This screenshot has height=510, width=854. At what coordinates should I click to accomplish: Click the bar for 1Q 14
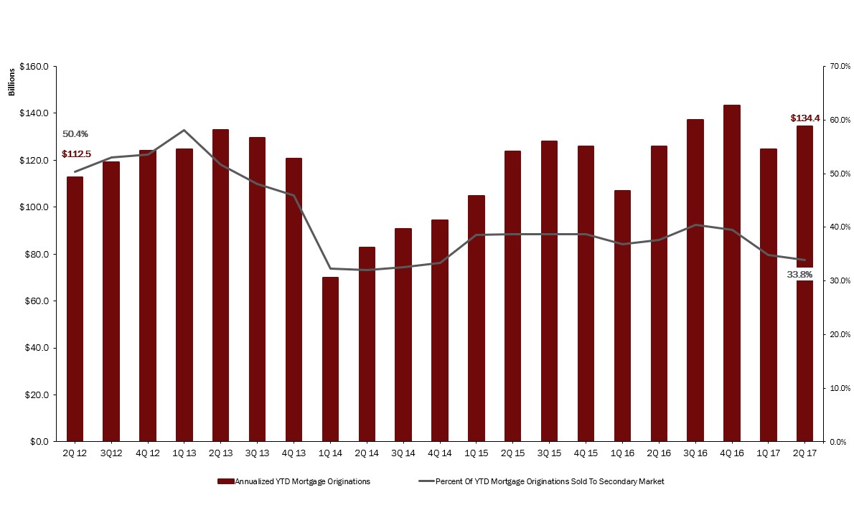click(330, 359)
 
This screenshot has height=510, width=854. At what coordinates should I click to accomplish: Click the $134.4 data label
click(805, 118)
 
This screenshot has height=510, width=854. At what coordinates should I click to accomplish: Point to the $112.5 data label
click(76, 154)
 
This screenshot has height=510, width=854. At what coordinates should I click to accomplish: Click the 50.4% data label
click(75, 134)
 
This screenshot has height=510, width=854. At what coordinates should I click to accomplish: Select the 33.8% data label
click(799, 274)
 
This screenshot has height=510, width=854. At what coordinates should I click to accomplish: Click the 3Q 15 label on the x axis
click(549, 453)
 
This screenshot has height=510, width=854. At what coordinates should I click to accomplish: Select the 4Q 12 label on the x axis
click(147, 453)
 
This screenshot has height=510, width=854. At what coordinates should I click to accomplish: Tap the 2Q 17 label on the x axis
click(804, 453)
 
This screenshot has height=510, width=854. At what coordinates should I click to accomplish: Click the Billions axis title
click(11, 82)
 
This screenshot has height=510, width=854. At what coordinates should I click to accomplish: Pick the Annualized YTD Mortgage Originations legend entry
click(295, 481)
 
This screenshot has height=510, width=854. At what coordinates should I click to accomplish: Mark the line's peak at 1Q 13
click(184, 130)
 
